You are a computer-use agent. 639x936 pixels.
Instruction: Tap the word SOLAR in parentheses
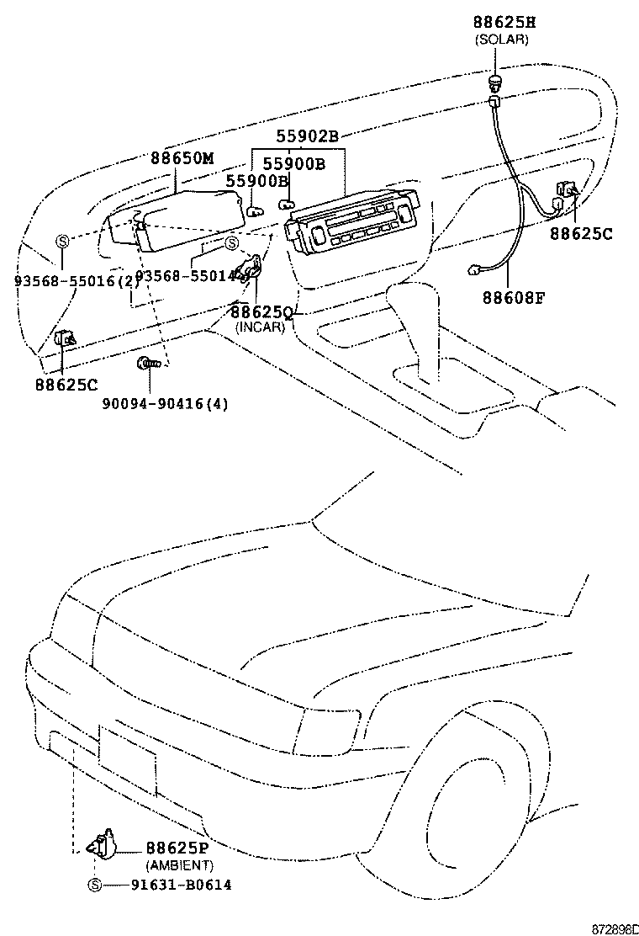pyautogui.click(x=501, y=40)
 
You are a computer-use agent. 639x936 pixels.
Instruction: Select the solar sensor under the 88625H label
pyautogui.click(x=495, y=81)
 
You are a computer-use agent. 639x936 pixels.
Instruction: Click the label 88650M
pyautogui.click(x=182, y=158)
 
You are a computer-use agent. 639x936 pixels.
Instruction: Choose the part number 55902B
pyautogui.click(x=307, y=136)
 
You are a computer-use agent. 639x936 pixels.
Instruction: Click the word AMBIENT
pyautogui.click(x=179, y=865)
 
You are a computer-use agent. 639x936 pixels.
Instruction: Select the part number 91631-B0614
pyautogui.click(x=181, y=885)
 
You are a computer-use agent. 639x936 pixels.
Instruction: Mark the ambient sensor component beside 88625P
pyautogui.click(x=103, y=843)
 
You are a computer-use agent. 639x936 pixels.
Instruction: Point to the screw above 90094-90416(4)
pyautogui.click(x=146, y=364)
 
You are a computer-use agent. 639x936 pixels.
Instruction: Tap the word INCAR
pyautogui.click(x=260, y=327)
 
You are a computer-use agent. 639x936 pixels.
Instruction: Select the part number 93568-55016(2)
pyautogui.click(x=77, y=281)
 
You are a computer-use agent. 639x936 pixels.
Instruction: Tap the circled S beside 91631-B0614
pyautogui.click(x=94, y=885)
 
